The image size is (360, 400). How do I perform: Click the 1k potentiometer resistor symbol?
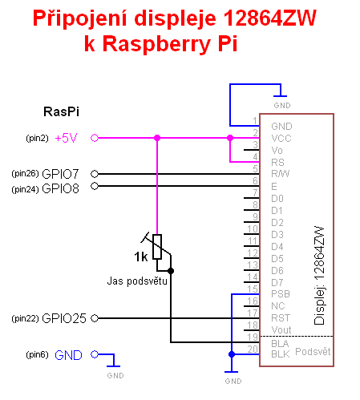pyautogui.click(x=157, y=247)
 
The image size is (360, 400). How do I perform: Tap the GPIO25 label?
pyautogui.click(x=64, y=318)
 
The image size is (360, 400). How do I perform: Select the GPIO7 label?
pyautogui.click(x=60, y=174)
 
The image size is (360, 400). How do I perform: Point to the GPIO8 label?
pyautogui.click(x=61, y=188)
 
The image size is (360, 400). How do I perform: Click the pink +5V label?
pyautogui.click(x=66, y=138)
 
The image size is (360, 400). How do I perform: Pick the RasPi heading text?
pyautogui.click(x=61, y=111)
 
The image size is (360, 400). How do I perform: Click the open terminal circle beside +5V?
pyautogui.click(x=95, y=138)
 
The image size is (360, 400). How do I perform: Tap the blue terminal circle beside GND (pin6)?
pyautogui.click(x=95, y=354)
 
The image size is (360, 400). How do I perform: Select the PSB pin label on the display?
pyautogui.click(x=281, y=294)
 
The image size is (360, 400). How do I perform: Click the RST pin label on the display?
pyautogui.click(x=281, y=318)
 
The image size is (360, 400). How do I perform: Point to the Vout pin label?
pyautogui.click(x=281, y=330)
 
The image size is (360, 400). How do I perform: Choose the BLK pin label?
pyautogui.click(x=281, y=354)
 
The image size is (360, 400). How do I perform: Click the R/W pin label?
pyautogui.click(x=280, y=174)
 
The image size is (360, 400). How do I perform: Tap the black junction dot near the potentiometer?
pyautogui.click(x=171, y=271)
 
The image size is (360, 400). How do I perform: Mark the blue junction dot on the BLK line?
pyautogui.click(x=232, y=354)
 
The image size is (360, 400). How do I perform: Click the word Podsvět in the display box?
pyautogui.click(x=313, y=352)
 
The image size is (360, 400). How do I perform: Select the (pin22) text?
pyautogui.click(x=25, y=318)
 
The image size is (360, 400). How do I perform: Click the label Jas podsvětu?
pyautogui.click(x=137, y=281)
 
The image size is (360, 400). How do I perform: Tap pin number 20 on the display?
pyautogui.click(x=253, y=349)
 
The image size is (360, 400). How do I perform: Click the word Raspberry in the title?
pyautogui.click(x=156, y=43)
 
